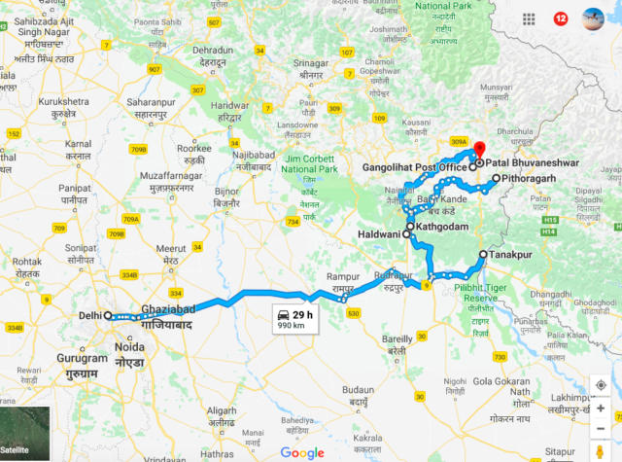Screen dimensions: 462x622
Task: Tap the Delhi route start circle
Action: (x=109, y=316)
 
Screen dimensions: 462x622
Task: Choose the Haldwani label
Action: (x=379, y=234)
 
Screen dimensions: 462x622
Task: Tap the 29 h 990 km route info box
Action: (x=294, y=319)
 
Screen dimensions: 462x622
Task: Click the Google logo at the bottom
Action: (x=302, y=452)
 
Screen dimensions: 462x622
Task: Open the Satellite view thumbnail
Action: (x=25, y=434)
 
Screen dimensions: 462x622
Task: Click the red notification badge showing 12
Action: (x=561, y=18)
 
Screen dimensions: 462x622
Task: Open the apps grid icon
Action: (x=530, y=18)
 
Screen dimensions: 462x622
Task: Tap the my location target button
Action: (x=602, y=385)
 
